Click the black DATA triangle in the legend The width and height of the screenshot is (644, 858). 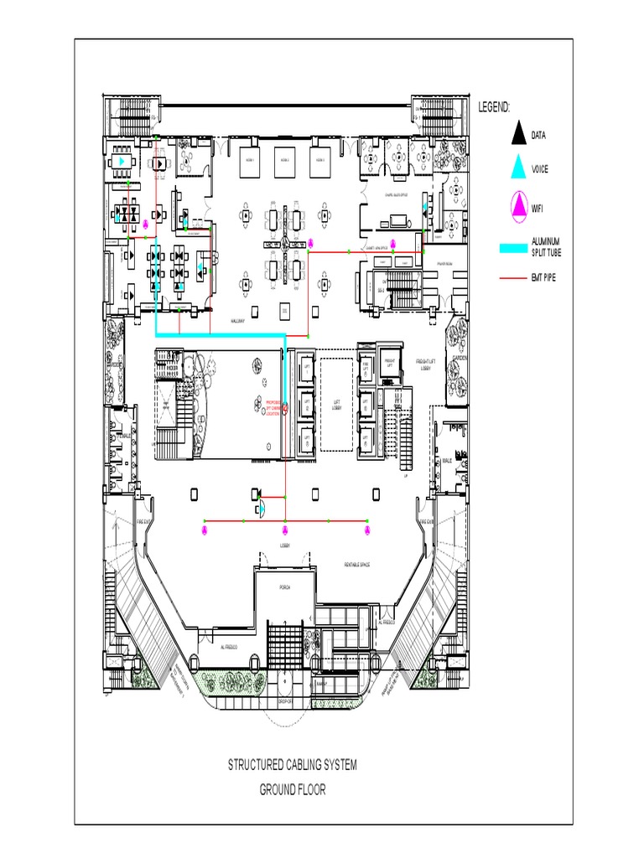click(x=519, y=133)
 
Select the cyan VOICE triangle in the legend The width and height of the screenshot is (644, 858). click(x=519, y=168)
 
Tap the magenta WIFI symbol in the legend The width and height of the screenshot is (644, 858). click(x=519, y=204)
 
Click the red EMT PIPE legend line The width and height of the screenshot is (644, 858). click(x=512, y=277)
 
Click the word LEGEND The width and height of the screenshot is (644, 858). click(x=495, y=107)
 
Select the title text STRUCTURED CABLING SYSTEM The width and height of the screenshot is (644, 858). click(x=293, y=764)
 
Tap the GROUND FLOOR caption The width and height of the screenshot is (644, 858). click(x=293, y=789)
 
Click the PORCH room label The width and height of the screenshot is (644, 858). click(x=284, y=587)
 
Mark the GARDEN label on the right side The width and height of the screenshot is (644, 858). click(x=460, y=358)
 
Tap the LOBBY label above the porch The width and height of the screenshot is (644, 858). click(x=284, y=545)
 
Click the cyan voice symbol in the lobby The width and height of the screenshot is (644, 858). click(x=261, y=507)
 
